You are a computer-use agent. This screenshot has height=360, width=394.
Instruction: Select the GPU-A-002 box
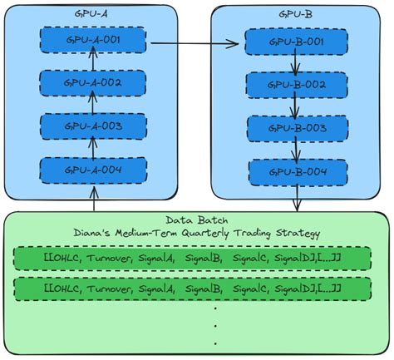point(94,84)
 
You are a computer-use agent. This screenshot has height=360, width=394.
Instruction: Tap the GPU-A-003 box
point(94,127)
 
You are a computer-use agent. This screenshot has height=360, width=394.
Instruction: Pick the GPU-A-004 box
point(94,171)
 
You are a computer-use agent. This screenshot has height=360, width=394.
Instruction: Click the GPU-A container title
point(94,14)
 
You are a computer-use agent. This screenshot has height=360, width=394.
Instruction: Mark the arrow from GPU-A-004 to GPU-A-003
point(94,150)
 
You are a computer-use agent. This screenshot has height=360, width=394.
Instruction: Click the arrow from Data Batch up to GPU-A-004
point(94,200)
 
